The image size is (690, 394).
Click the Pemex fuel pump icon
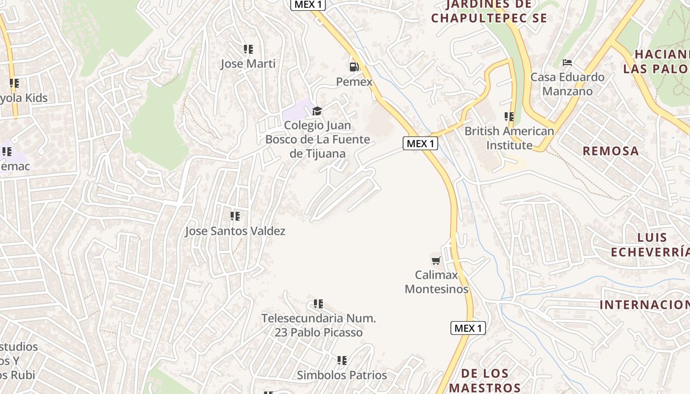tap(354, 66)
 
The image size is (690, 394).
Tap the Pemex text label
tap(354, 82)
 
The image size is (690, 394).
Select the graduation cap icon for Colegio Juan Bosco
tap(317, 111)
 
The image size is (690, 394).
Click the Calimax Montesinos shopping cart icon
tap(436, 260)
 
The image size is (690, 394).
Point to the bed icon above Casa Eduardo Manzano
tap(567, 63)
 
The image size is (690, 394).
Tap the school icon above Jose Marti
tap(248, 49)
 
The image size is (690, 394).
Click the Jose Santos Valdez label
tap(235, 231)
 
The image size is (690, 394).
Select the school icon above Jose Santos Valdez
tap(235, 216)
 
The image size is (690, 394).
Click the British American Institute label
tap(509, 138)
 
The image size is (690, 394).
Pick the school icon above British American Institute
tap(509, 117)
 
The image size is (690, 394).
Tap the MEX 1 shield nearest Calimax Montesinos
tap(468, 328)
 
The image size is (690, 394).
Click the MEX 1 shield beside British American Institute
tap(420, 143)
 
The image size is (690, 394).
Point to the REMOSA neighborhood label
tap(611, 151)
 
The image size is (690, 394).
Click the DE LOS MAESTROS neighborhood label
tap(484, 380)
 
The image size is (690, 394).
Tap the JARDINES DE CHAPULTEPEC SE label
tap(489, 12)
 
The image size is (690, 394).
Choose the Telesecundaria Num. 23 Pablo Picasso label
tap(318, 326)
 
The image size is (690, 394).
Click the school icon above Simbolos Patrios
tap(342, 361)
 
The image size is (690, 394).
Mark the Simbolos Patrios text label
tap(342, 375)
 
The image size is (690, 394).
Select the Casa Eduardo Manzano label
tap(567, 84)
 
